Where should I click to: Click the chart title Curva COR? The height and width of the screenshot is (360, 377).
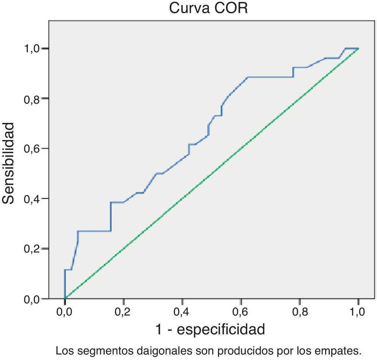tap(208, 8)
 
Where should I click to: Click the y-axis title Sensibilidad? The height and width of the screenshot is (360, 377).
tap(9, 163)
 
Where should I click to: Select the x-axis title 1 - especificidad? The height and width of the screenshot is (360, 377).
tap(210, 329)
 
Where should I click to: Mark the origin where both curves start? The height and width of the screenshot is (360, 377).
tap(65, 298)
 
